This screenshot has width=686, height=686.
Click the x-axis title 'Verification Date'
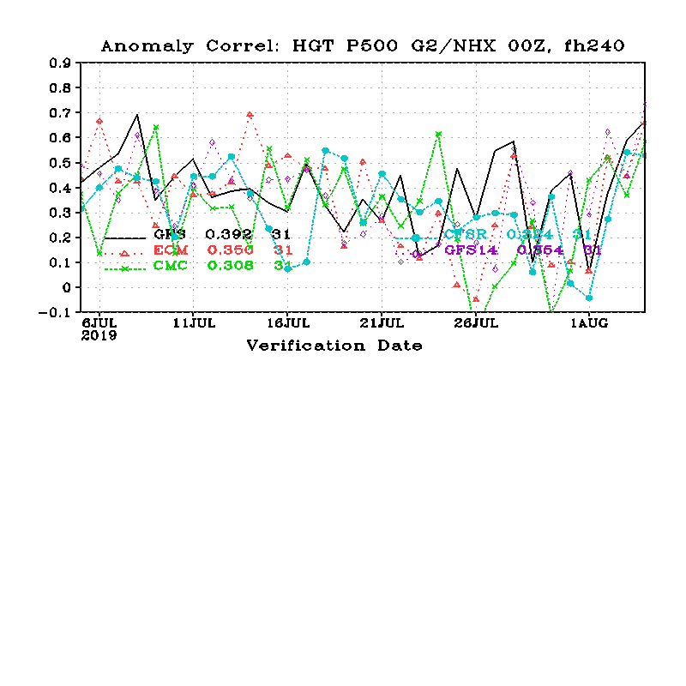coord(334,346)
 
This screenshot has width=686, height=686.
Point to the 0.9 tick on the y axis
coord(59,63)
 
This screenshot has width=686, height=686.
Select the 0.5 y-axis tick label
coord(59,163)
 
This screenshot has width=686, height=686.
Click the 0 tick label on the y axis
coord(66,288)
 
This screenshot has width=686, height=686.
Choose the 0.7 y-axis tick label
coord(59,113)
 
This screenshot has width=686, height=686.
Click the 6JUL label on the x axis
coord(99,323)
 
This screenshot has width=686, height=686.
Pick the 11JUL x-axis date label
coord(193,323)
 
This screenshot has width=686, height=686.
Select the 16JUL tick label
coord(287,323)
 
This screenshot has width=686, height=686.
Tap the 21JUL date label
coord(382,323)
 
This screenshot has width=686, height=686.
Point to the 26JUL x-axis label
coord(476,323)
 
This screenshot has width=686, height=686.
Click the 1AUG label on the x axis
coord(589,323)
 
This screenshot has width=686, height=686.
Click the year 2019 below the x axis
coord(99,335)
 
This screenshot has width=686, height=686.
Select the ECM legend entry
coord(171,250)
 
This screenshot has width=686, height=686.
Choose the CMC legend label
coord(171,266)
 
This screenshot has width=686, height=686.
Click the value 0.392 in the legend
coord(228,233)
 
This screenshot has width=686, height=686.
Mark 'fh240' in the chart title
coord(594,46)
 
